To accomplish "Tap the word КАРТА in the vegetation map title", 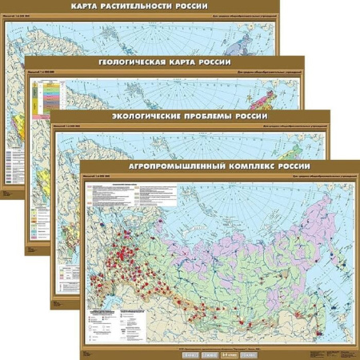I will click(x=90, y=7).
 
